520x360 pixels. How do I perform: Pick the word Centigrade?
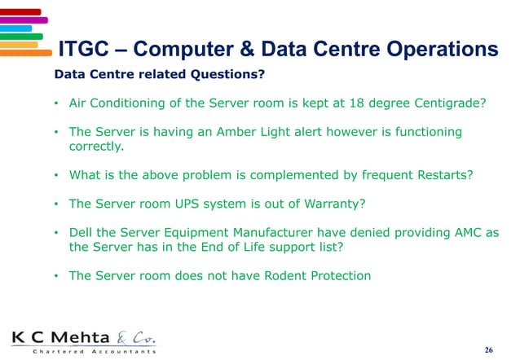coord(451,104)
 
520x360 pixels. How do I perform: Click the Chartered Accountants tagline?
coord(84,352)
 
